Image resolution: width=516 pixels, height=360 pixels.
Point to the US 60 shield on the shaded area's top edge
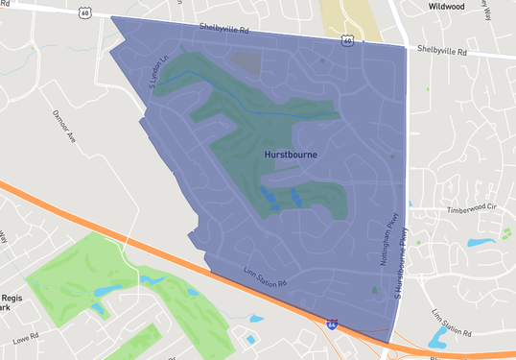[345, 41]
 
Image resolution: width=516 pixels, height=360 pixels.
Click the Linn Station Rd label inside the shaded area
[265, 276]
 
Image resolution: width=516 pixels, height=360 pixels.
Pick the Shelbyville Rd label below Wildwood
[442, 50]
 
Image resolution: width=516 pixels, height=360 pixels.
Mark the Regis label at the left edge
[12, 300]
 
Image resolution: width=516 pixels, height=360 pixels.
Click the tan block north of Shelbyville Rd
[345, 17]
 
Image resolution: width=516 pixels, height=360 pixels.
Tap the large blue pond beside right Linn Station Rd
[439, 336]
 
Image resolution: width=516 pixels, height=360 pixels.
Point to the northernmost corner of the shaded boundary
[112, 16]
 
